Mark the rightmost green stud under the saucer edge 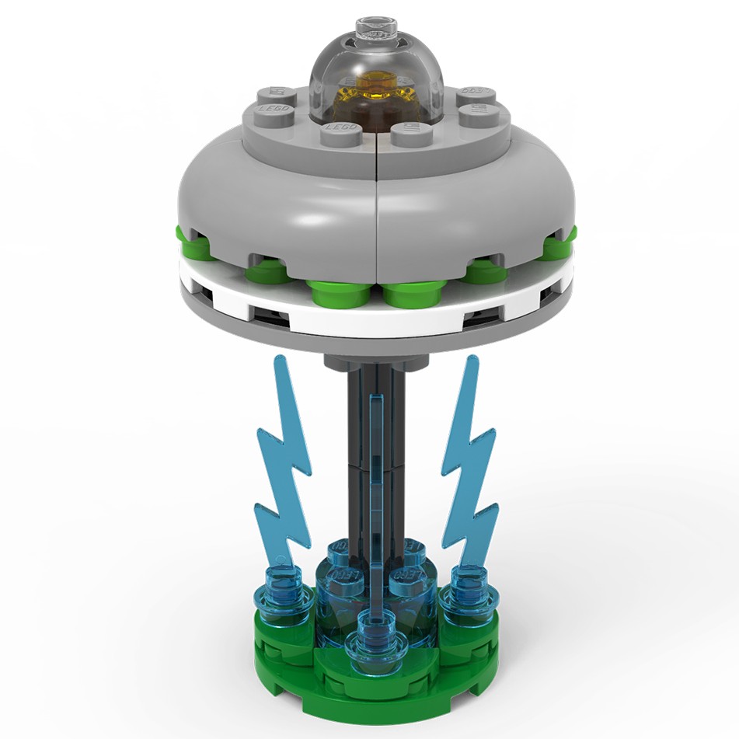coord(561,243)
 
